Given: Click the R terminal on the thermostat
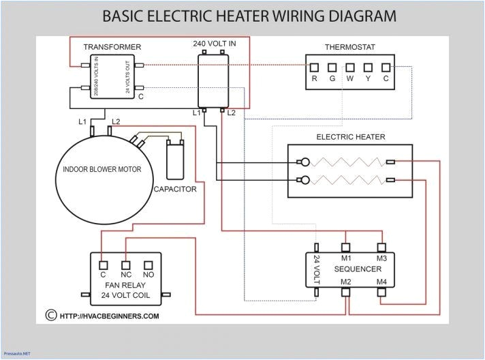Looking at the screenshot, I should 314,67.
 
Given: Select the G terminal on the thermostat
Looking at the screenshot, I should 332,67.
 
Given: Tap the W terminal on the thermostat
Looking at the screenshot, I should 349,67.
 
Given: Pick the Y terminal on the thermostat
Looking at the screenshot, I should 367,67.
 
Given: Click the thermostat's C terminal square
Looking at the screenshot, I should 385,67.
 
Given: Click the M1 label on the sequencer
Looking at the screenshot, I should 346,258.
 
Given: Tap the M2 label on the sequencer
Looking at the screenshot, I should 346,282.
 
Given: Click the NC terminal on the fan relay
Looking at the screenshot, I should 125,264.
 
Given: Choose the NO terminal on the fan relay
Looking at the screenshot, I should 148,264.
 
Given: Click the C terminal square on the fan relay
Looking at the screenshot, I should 103,264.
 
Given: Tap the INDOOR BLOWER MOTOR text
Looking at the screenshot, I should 102,169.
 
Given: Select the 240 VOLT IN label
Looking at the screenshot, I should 214,44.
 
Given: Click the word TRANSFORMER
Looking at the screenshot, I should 112,47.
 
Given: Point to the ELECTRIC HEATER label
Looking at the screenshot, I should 350,137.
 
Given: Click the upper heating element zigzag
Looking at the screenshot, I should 347,162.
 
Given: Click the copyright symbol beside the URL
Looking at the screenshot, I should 50,316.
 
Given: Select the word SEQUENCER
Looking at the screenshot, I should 358,269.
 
